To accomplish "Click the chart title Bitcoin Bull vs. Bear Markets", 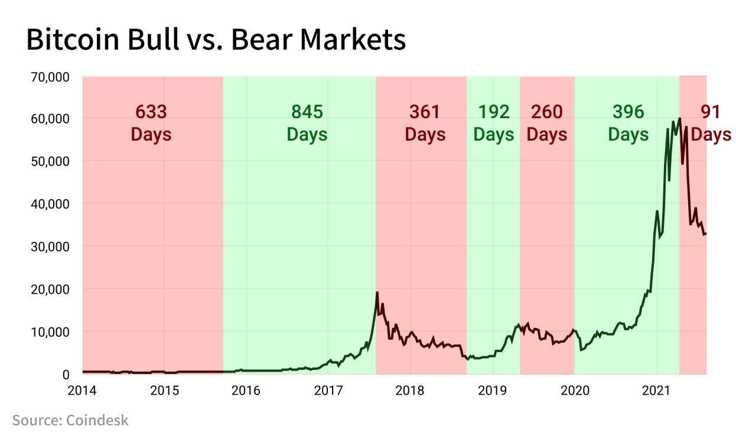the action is point(216,40).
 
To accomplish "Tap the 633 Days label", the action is point(151,123).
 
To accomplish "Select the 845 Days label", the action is point(307,123).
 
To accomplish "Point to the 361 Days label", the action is point(425,123).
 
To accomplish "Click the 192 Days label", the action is point(493,123).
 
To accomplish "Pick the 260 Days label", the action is point(547,123).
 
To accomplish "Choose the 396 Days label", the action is point(628,123).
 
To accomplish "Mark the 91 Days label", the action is point(711,123).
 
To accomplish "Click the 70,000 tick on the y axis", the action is point(50,77).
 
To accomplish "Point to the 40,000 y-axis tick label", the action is point(50,204).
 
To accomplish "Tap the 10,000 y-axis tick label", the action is point(50,332).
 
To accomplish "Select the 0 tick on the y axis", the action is point(66,375).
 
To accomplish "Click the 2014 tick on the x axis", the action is point(82,391).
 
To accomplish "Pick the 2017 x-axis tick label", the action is point(328,391).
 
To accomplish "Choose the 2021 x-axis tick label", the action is point(656,391).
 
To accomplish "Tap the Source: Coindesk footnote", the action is point(70,420).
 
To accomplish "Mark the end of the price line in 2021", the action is point(706,234).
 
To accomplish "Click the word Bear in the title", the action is point(262,40).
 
